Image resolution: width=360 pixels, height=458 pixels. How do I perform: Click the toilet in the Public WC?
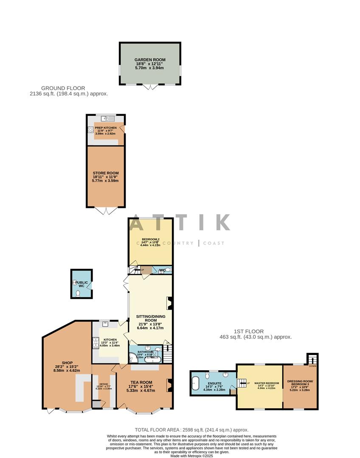pyautogui.click(x=78, y=293)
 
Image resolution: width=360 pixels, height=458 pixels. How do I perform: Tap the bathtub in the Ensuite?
pyautogui.click(x=196, y=383)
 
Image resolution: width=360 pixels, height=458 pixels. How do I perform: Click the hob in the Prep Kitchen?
pyautogui.click(x=90, y=130)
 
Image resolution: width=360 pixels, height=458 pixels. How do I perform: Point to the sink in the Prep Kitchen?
pyautogui.click(x=105, y=119)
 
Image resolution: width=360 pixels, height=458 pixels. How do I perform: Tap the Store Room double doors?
pyautogui.click(x=106, y=211)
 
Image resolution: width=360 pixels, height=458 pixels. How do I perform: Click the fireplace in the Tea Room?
pyautogui.click(x=169, y=385)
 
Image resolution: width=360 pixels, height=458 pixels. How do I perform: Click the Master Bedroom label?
pyautogui.click(x=267, y=385)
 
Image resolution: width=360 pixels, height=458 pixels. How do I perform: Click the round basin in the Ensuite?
pyautogui.click(x=226, y=374)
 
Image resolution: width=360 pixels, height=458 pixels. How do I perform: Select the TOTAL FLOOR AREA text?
pyautogui.click(x=191, y=430)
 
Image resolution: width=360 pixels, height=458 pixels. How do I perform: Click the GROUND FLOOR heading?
pyautogui.click(x=63, y=88)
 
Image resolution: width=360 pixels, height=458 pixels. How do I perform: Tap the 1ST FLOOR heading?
pyautogui.click(x=248, y=331)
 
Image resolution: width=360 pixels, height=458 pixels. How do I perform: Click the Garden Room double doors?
pyautogui.click(x=150, y=87)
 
